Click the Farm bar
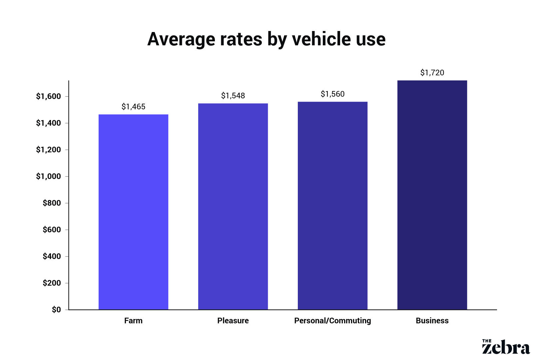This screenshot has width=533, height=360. pyautogui.click(x=133, y=212)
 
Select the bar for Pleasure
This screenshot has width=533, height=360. pyautogui.click(x=233, y=207)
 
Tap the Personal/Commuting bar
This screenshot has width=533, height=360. pyautogui.click(x=332, y=206)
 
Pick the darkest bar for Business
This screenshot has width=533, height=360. pyautogui.click(x=432, y=195)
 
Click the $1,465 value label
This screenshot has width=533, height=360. pyautogui.click(x=133, y=107)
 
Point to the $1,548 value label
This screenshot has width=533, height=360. pyautogui.click(x=233, y=96)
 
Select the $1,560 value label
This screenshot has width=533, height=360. pyautogui.click(x=332, y=94)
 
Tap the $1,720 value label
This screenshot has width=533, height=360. pyautogui.click(x=432, y=73)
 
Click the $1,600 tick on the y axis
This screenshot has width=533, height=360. pyautogui.click(x=49, y=96)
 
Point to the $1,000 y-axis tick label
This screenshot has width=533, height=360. pyautogui.click(x=49, y=176)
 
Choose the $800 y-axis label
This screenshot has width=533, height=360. pyautogui.click(x=52, y=203)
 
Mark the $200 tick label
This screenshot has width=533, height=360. pyautogui.click(x=52, y=283)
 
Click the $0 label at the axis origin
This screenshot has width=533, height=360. pyautogui.click(x=56, y=310)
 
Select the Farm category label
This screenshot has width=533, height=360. pyautogui.click(x=133, y=321)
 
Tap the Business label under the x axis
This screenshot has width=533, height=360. pyautogui.click(x=432, y=321)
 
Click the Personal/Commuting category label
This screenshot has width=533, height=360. pyautogui.click(x=332, y=321)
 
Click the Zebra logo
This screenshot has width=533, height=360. pyautogui.click(x=506, y=347)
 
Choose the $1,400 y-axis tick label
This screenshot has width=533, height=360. pyautogui.click(x=49, y=123)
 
